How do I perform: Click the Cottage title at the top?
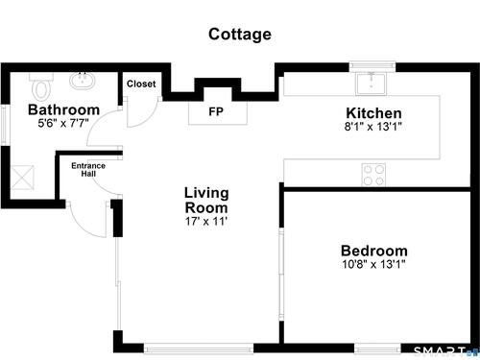240,35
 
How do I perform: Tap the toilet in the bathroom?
41,86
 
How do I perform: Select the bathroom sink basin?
83,81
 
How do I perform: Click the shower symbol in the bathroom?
22,178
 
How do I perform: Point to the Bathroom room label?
64,109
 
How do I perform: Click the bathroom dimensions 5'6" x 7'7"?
63,123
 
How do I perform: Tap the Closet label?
141,84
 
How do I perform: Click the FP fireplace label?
216,111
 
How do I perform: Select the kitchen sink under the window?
371,84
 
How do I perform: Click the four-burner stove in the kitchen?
373,175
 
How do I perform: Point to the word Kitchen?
373,113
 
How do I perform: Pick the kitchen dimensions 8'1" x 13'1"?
372,127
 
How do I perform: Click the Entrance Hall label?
88,170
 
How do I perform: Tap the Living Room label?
206,201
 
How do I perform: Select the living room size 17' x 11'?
206,221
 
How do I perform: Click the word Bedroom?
374,251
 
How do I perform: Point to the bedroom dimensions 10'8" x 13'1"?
373,264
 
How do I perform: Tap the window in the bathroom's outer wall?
4,125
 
